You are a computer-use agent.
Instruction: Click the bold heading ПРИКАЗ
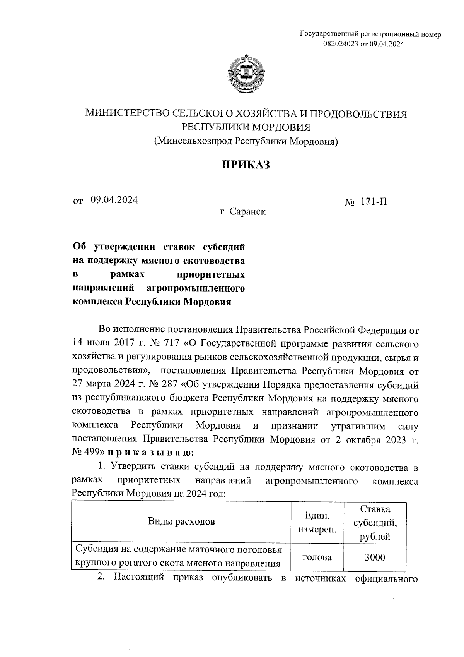[x=245, y=165]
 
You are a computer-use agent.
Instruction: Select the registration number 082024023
[x=341, y=45]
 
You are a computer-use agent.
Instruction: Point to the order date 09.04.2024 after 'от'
[x=114, y=200]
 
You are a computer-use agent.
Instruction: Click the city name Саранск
[x=247, y=212]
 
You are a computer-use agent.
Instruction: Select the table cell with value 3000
[x=375, y=558]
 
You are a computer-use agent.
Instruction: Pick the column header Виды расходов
[x=181, y=521]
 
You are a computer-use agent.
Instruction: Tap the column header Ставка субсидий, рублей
[x=375, y=522]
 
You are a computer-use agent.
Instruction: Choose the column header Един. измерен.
[x=317, y=522]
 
